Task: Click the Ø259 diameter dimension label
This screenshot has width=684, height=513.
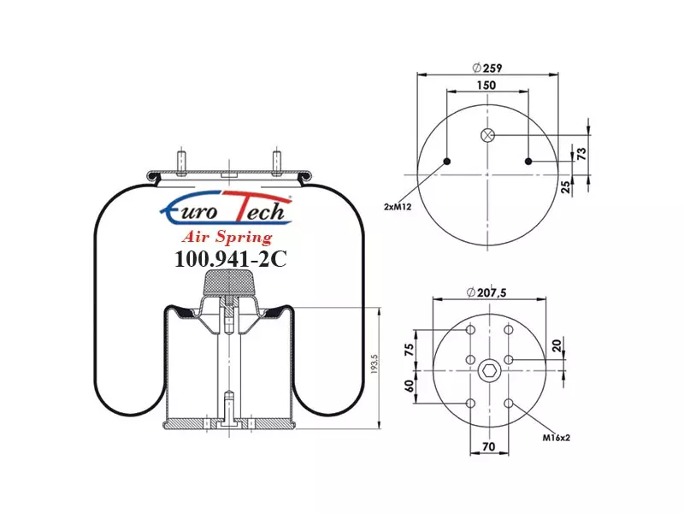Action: (487, 68)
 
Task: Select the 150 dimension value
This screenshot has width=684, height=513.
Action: (486, 85)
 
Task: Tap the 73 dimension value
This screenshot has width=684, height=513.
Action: (581, 154)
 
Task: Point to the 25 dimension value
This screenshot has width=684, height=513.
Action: (565, 186)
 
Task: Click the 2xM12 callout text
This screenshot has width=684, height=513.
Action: (398, 207)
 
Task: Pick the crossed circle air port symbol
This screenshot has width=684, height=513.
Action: (487, 135)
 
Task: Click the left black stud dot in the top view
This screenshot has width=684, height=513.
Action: (446, 162)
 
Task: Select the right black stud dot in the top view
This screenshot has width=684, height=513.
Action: (528, 162)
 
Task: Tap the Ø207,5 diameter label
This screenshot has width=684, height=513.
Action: (486, 292)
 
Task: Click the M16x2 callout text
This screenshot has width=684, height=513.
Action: (557, 438)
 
